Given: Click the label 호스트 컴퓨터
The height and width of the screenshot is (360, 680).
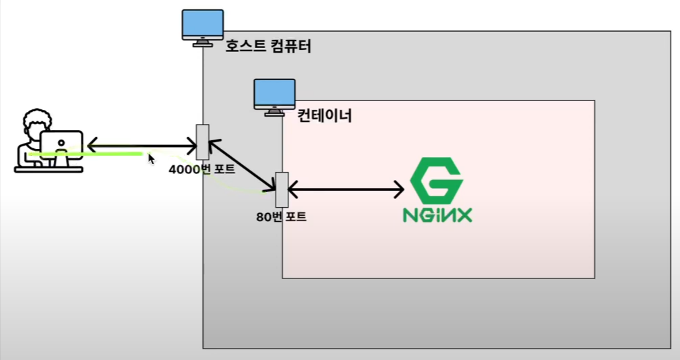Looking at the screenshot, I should pyautogui.click(x=268, y=47).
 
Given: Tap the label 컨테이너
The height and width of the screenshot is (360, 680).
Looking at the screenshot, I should pyautogui.click(x=325, y=115).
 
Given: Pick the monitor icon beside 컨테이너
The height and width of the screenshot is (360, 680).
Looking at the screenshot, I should pyautogui.click(x=274, y=96).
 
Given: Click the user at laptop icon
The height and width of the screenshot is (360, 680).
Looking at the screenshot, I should pyautogui.click(x=49, y=142).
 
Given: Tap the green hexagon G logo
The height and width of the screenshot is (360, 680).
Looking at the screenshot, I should pyautogui.click(x=437, y=181).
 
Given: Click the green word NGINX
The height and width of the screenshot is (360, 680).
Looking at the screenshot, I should pyautogui.click(x=437, y=215).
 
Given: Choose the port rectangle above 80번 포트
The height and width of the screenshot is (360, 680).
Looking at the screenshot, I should pyautogui.click(x=282, y=189).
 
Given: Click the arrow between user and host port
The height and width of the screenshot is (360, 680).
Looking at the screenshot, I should pyautogui.click(x=142, y=145).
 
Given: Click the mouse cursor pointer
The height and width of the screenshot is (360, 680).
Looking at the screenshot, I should pyautogui.click(x=151, y=159).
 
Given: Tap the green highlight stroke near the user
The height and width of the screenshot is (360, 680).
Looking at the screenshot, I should pyautogui.click(x=88, y=154).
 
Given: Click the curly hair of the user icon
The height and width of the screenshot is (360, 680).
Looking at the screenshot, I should pyautogui.click(x=35, y=121).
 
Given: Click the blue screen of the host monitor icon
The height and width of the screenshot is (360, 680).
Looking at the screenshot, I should pyautogui.click(x=203, y=24).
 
